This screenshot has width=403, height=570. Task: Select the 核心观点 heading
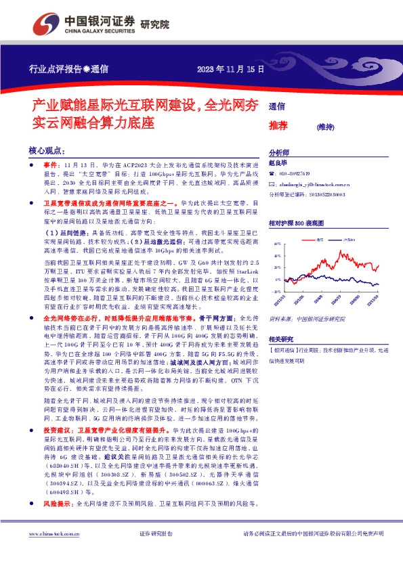pos(46,150)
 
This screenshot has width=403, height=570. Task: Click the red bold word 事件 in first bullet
pos(52,165)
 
